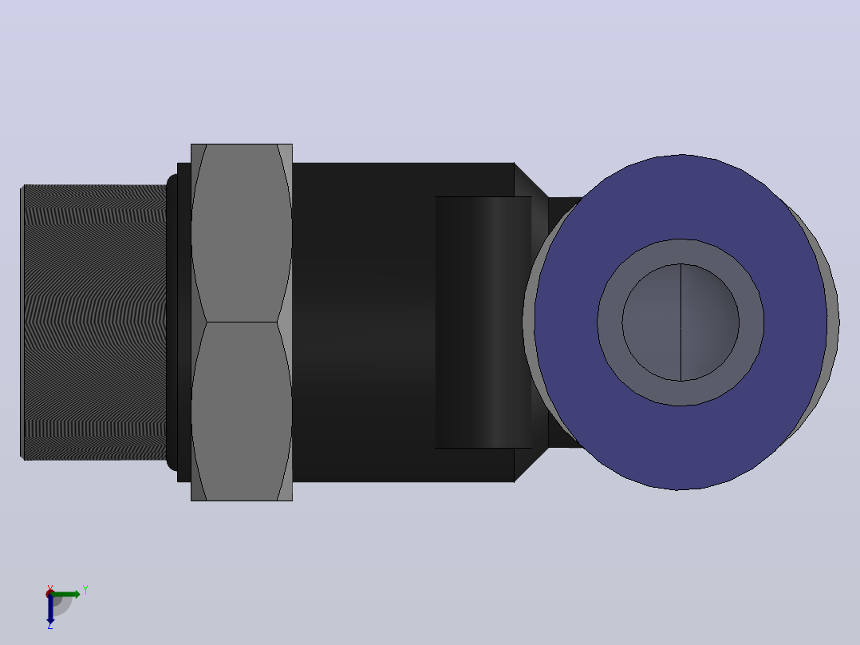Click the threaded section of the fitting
click(x=94, y=322)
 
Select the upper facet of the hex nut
click(x=241, y=233)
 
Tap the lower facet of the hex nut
click(x=241, y=411)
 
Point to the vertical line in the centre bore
click(x=681, y=322)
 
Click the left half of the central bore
click(x=652, y=322)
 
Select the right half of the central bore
click(x=710, y=322)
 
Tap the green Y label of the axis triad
click(x=85, y=590)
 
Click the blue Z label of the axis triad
click(x=50, y=626)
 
